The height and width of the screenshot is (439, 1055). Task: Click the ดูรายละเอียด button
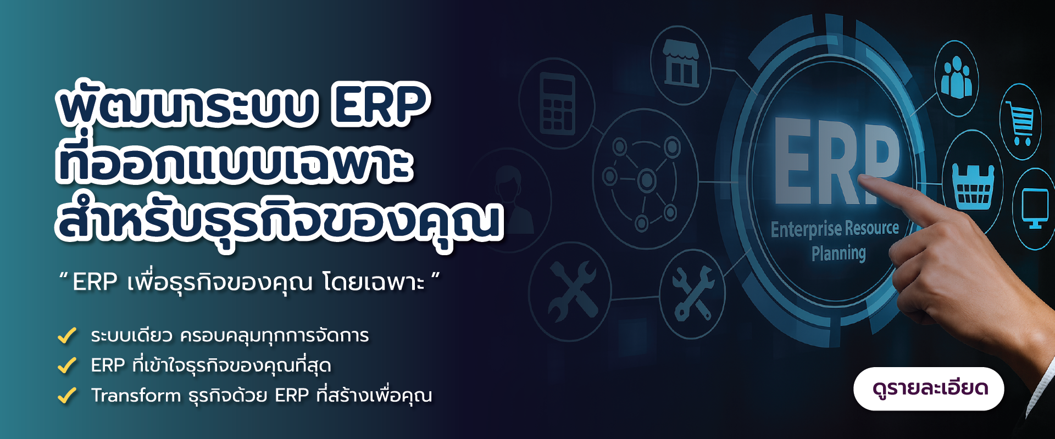click(x=929, y=389)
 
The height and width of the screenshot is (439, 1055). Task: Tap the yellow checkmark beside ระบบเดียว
click(x=67, y=335)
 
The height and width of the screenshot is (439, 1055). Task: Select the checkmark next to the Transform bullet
click(x=67, y=395)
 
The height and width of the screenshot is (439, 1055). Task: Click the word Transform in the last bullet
click(x=136, y=395)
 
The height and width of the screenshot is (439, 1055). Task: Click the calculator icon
click(x=557, y=104)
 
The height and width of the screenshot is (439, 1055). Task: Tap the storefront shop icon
click(x=681, y=64)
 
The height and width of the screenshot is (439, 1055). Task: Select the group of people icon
click(x=956, y=78)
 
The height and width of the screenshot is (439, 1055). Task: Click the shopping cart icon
click(x=1021, y=122)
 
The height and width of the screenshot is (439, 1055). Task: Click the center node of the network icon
click(x=646, y=179)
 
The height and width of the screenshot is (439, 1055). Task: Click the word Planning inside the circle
click(x=839, y=253)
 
